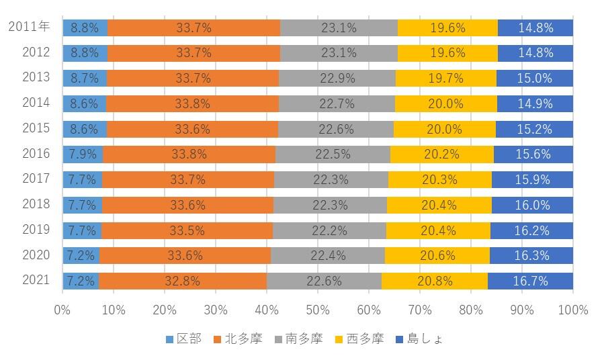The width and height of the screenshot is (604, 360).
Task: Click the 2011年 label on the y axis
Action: click(x=29, y=27)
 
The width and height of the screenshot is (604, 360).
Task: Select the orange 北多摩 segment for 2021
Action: click(x=182, y=281)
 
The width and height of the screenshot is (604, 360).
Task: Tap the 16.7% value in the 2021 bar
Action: click(x=531, y=281)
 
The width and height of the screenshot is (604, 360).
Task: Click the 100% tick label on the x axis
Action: click(x=572, y=310)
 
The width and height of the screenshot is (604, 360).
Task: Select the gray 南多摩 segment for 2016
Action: click(x=332, y=154)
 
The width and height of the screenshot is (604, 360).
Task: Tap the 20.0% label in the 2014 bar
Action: click(x=445, y=103)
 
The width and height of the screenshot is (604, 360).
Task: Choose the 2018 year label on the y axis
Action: click(x=36, y=204)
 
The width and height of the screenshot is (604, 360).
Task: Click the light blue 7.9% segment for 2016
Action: click(x=83, y=154)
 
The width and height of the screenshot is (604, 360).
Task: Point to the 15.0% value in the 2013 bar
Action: click(x=535, y=78)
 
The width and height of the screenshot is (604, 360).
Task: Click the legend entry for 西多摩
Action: click(x=359, y=339)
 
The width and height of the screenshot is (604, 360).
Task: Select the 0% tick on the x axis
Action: click(x=62, y=310)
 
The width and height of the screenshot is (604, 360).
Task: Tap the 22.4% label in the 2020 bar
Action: click(x=327, y=256)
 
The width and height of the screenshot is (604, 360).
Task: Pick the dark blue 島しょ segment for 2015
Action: click(x=534, y=129)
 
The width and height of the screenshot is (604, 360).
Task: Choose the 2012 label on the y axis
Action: click(x=36, y=52)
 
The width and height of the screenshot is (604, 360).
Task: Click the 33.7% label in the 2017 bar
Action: click(x=187, y=179)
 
